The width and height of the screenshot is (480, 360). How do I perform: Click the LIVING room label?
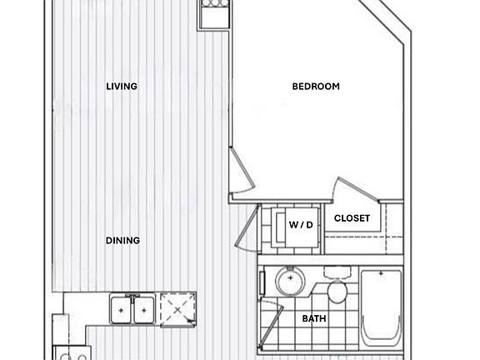pyautogui.click(x=122, y=86)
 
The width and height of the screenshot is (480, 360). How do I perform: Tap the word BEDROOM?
pyautogui.click(x=316, y=86)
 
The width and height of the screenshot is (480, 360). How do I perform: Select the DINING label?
pyautogui.click(x=122, y=241)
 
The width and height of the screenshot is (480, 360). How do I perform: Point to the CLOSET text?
pyautogui.click(x=352, y=218)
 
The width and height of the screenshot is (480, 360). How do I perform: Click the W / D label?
pyautogui.click(x=300, y=225)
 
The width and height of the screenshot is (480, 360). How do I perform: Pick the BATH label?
pyautogui.click(x=314, y=318)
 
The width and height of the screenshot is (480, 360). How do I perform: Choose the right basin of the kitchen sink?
pyautogui.click(x=143, y=310)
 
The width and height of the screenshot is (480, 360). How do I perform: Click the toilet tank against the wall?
pyautogui.click(x=337, y=272)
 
